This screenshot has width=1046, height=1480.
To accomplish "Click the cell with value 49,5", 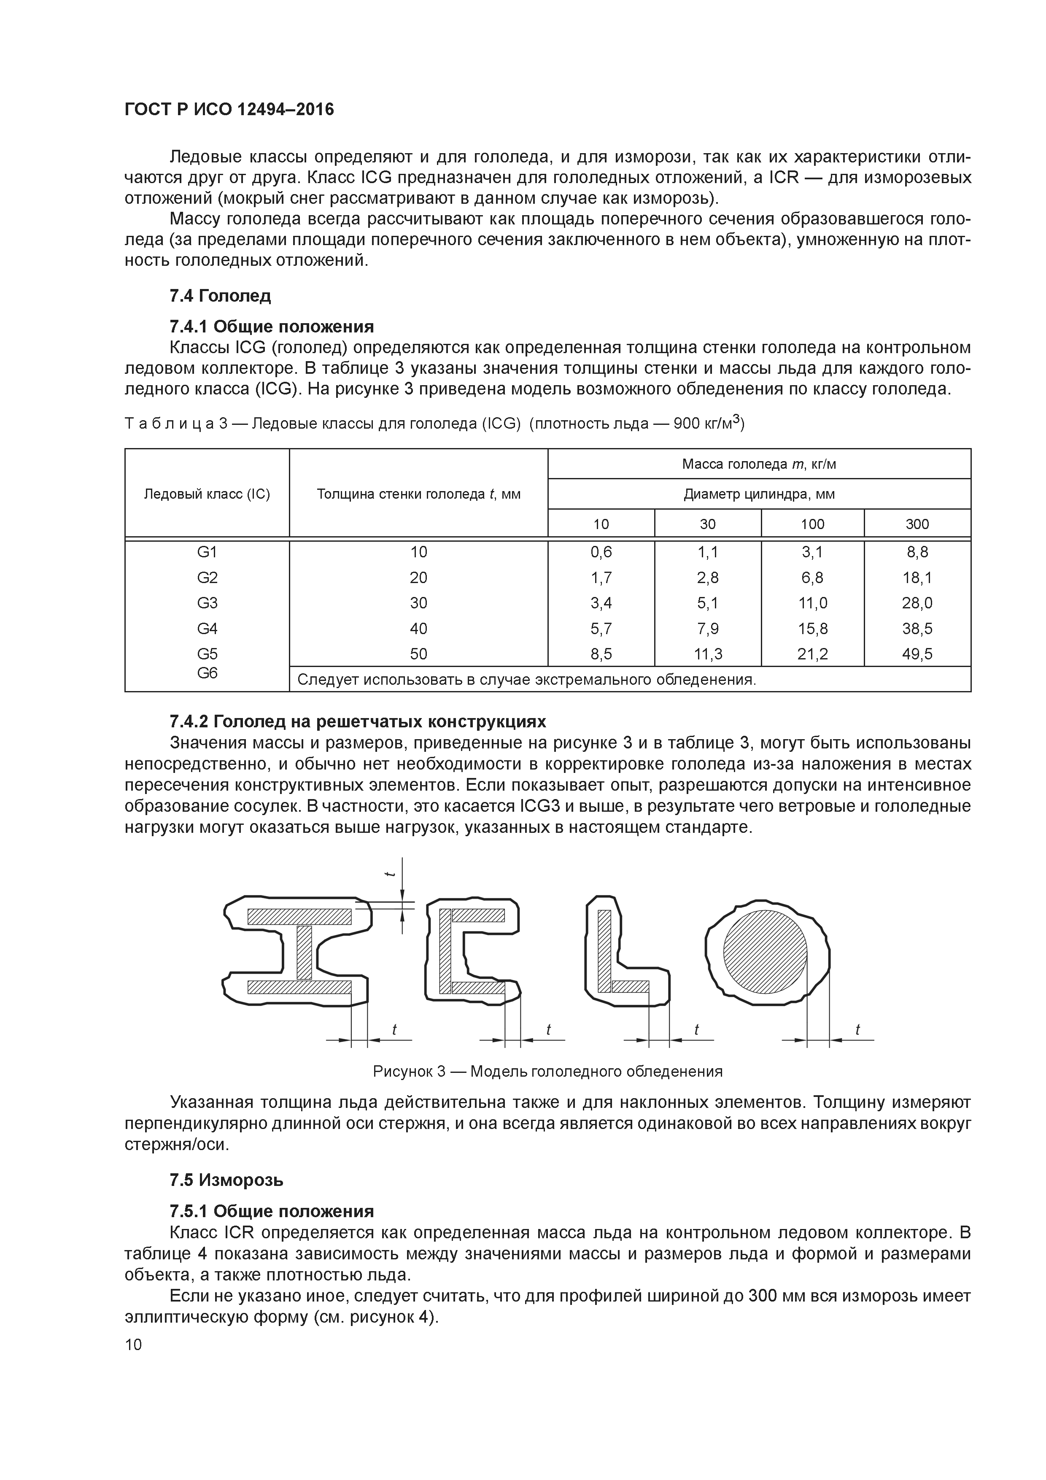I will [917, 654].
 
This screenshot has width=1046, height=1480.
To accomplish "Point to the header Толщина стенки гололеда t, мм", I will [418, 494].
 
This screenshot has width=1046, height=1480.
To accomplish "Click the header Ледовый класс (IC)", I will [207, 494].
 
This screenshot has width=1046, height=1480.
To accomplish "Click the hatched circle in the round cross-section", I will [764, 951].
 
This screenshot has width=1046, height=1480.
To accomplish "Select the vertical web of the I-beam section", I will [304, 952].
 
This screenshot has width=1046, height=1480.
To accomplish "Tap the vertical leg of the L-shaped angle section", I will [604, 951].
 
